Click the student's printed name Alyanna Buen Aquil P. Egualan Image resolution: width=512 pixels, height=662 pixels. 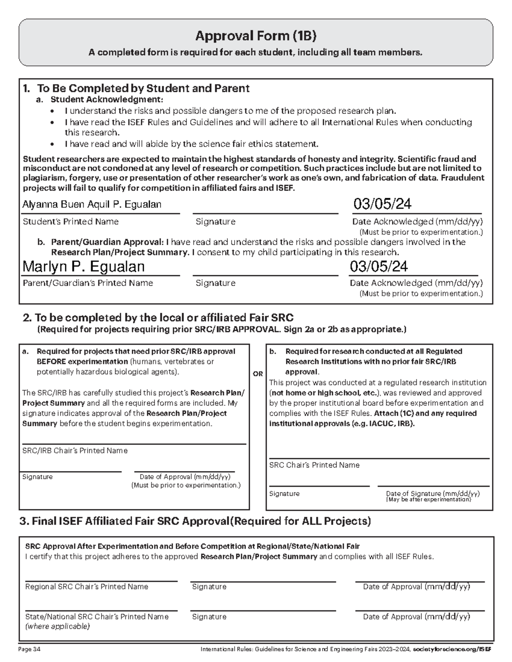click(92, 205)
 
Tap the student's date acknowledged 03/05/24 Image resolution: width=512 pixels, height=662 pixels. click(382, 204)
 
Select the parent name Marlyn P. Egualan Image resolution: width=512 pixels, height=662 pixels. click(83, 266)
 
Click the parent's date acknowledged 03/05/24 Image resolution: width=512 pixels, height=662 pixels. click(378, 266)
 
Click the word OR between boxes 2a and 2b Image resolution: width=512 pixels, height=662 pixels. click(258, 374)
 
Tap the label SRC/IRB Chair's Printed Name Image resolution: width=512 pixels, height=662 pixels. click(75, 451)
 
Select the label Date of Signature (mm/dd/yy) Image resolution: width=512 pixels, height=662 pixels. click(433, 493)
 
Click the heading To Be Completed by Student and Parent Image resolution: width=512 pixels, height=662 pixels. click(143, 88)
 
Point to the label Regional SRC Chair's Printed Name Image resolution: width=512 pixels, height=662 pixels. click(87, 587)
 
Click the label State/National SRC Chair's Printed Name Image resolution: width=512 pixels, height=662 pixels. click(97, 616)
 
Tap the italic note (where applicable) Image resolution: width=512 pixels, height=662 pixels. click(58, 626)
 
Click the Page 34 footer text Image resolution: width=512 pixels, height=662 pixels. click(29, 650)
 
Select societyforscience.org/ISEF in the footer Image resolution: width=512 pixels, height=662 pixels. click(452, 650)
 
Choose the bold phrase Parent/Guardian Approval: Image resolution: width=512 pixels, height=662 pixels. click(107, 242)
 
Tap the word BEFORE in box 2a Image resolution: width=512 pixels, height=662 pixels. click(51, 361)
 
